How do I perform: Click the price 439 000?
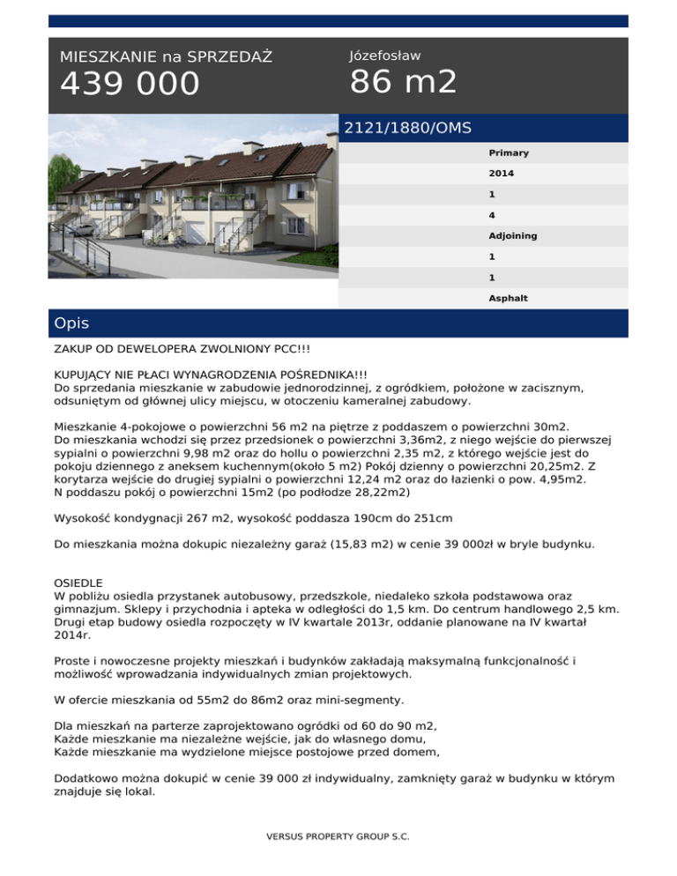(130, 85)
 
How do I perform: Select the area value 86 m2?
(403, 82)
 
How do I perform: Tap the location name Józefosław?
(384, 56)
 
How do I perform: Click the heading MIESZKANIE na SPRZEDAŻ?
(166, 57)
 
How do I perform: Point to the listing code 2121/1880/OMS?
(407, 128)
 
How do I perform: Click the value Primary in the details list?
(509, 153)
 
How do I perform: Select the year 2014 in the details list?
(501, 174)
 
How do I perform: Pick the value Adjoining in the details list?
(512, 236)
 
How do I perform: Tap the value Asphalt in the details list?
(508, 298)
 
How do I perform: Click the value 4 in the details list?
(491, 215)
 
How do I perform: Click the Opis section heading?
(71, 323)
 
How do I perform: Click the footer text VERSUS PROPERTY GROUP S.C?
(338, 836)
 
